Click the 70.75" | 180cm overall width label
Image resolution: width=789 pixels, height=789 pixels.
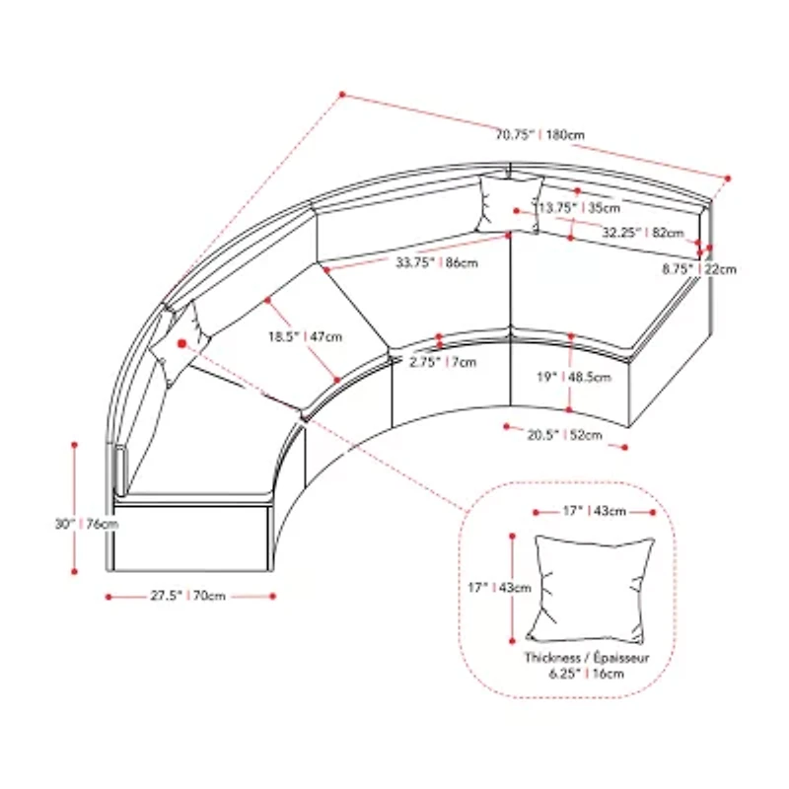click(x=540, y=135)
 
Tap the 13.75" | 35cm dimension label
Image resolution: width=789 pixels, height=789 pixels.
click(x=579, y=207)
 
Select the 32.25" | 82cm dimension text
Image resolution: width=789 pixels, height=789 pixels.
click(x=643, y=233)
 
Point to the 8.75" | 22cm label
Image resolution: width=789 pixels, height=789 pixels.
click(x=699, y=269)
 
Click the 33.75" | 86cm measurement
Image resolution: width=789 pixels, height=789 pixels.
click(x=437, y=262)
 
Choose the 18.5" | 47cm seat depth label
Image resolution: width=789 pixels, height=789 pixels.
click(x=305, y=336)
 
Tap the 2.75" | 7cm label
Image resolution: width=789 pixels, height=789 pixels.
click(x=443, y=362)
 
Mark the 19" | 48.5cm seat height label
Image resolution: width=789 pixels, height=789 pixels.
click(x=574, y=377)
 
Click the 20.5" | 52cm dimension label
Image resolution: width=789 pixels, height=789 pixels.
click(x=564, y=434)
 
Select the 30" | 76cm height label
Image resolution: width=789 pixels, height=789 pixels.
click(x=87, y=524)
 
